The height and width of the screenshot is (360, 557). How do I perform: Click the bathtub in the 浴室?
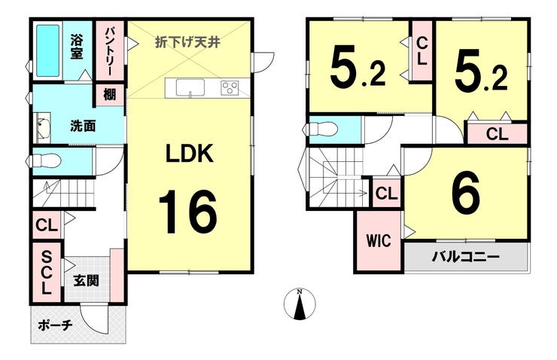coord(47,50)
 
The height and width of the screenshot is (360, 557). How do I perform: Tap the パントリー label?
coord(108,51)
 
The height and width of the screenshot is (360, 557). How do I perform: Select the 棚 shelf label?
coord(109,95)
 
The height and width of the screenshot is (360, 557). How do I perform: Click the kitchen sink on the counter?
coord(190,88)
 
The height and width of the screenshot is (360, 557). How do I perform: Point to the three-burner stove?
coord(230,88)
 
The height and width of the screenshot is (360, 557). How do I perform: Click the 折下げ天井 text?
coord(188,42)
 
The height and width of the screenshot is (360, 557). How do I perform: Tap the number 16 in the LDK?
coord(187,212)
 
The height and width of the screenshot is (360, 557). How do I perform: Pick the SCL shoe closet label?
coord(47,272)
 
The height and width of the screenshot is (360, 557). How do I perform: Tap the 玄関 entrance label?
coord(87,281)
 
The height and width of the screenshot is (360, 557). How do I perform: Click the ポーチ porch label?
coord(55,325)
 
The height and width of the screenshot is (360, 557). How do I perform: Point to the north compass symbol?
coord(300,304)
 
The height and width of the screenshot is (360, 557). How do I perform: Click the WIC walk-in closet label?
coord(379,241)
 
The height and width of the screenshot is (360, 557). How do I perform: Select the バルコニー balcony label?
coord(466,257)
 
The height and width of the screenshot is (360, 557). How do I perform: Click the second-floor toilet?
coord(321,129)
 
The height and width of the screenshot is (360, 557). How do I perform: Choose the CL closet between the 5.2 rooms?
coord(422,51)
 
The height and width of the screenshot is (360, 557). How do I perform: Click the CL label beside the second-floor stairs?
coord(386,194)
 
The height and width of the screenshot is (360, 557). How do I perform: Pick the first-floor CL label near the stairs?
coord(47,225)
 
